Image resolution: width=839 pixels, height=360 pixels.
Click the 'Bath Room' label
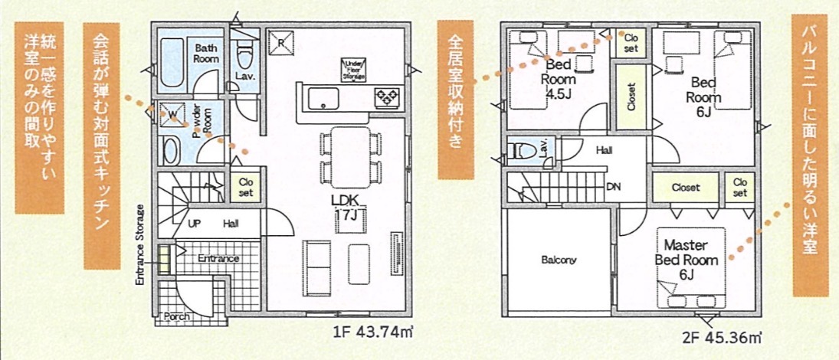click(206, 53)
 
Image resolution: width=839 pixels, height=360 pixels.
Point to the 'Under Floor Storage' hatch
click(355, 70)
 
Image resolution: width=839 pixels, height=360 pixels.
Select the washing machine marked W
click(172, 113)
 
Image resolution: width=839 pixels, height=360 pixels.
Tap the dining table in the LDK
click(350, 157)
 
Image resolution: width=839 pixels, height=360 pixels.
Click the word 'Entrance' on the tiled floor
click(218, 258)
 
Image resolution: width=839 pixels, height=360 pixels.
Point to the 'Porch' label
click(176, 316)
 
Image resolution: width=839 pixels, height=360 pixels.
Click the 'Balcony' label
click(559, 261)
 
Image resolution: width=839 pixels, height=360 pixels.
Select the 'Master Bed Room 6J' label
click(687, 260)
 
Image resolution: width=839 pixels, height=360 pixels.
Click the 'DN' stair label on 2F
click(613, 187)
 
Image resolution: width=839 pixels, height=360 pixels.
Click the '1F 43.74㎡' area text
click(374, 332)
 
